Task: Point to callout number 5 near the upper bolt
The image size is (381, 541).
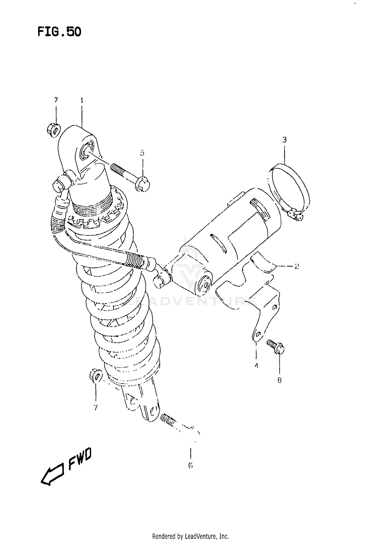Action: [142, 153]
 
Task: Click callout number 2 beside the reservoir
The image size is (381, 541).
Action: [296, 266]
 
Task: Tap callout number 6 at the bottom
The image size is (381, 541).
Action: [190, 465]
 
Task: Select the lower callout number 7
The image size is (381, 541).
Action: [96, 408]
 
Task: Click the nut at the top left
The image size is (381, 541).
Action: [53, 130]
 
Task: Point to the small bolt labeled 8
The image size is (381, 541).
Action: [276, 347]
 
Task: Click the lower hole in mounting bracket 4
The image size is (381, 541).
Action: [258, 335]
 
